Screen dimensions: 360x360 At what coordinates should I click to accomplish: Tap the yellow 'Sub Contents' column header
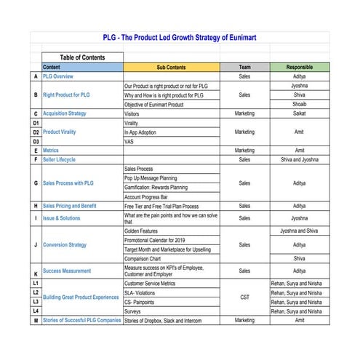point(171,67)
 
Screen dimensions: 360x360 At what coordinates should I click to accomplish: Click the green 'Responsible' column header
point(300,67)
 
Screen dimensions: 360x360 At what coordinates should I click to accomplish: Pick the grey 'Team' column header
point(244,67)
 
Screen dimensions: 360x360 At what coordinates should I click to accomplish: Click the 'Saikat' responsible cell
point(300,113)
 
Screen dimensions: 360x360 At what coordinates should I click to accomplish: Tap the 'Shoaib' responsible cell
point(300,104)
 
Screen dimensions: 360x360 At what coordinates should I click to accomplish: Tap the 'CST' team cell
point(244,297)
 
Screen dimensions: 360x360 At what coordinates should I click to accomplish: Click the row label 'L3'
point(36,302)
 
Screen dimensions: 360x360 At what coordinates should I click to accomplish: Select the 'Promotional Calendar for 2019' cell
point(164,240)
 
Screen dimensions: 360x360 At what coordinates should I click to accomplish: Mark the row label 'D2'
point(36,132)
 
